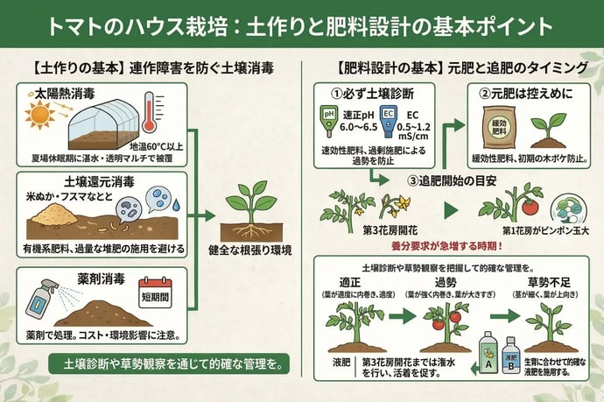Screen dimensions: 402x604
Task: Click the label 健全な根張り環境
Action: [249, 248]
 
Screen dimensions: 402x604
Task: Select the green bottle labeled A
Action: [488, 349]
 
